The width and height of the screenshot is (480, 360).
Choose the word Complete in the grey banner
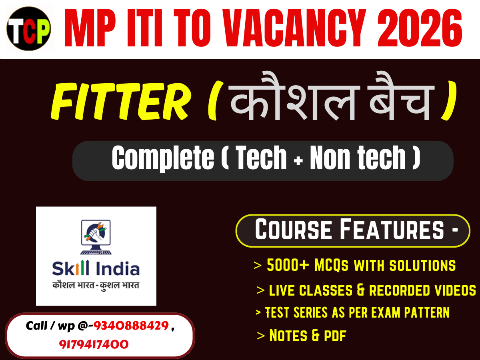pos(162,158)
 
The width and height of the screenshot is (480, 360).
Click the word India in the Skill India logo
pos(117,269)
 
